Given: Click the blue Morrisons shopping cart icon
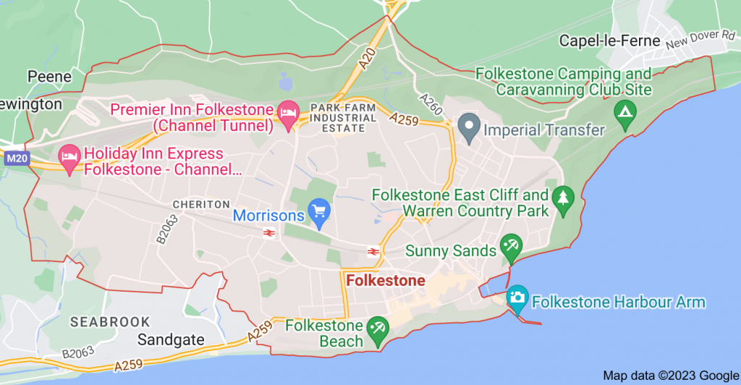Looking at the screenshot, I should point(319,212).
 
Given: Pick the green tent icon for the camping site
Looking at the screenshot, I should point(622,112).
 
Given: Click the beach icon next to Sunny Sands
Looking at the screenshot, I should point(511,247).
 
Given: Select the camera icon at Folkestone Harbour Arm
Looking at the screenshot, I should point(517,297).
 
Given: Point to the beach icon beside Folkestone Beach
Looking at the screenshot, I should point(376,330).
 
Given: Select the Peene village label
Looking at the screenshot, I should point(50,77).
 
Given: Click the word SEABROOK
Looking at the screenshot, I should point(110,321).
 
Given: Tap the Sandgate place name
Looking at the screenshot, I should point(171,339).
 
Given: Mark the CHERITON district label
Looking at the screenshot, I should point(201,205).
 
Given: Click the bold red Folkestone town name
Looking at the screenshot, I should point(386,281).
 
